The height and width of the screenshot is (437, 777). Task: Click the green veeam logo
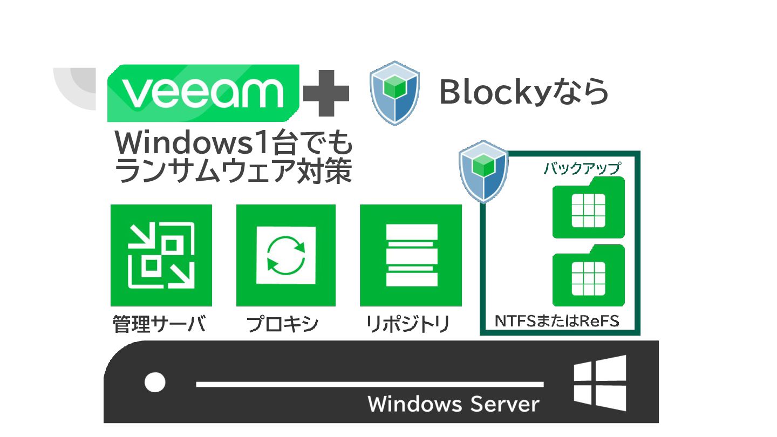click(x=203, y=93)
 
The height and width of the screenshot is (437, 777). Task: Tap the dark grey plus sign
click(x=326, y=93)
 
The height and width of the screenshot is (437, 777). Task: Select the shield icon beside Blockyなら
click(x=395, y=93)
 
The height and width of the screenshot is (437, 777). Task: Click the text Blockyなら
click(x=523, y=93)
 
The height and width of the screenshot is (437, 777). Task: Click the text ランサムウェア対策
click(x=234, y=171)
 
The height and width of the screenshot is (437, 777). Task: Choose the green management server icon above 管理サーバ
click(x=161, y=255)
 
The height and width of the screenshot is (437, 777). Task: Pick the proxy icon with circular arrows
click(x=286, y=255)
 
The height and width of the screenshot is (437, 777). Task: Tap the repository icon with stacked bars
click(x=411, y=255)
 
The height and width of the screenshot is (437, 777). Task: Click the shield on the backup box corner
click(x=483, y=171)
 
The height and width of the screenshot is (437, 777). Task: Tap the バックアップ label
click(x=582, y=168)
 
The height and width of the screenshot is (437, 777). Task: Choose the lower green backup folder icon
click(x=588, y=276)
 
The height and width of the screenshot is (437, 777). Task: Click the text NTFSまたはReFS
click(x=557, y=322)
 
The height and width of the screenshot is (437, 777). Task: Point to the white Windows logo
click(x=600, y=383)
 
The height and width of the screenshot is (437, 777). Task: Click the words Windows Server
click(x=453, y=404)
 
